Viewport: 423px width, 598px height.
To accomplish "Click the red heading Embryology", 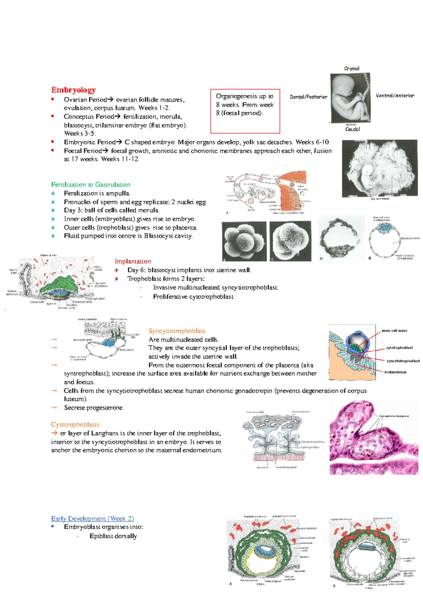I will [x=73, y=90].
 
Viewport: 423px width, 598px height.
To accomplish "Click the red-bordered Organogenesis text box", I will [x=245, y=111].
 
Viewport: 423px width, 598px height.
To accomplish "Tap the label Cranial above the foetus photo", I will [x=351, y=69].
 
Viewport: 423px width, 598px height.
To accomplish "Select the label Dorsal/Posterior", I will [x=308, y=97].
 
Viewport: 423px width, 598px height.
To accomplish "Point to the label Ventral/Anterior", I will [x=395, y=96].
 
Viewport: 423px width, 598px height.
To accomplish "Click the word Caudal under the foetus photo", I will [x=352, y=129].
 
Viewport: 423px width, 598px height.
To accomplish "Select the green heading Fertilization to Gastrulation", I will [x=91, y=185].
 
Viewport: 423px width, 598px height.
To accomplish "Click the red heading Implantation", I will [x=133, y=261].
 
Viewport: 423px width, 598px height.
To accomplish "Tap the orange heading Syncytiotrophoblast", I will [x=177, y=331].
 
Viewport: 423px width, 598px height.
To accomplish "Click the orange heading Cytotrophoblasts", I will [x=75, y=425].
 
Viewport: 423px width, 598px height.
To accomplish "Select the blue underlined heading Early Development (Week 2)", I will [x=92, y=519].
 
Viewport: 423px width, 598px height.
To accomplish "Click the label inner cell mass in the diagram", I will [x=394, y=331].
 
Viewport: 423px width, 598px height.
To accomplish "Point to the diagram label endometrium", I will [x=395, y=372].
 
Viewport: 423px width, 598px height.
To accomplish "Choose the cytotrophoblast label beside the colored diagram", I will [x=399, y=348].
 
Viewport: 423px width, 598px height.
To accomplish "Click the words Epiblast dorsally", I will [x=113, y=536].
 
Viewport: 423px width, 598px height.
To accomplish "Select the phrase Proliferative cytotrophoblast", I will [x=193, y=297].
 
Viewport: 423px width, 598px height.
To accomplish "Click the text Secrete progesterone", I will [x=94, y=408].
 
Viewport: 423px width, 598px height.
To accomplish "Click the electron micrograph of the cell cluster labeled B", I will [x=244, y=241].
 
